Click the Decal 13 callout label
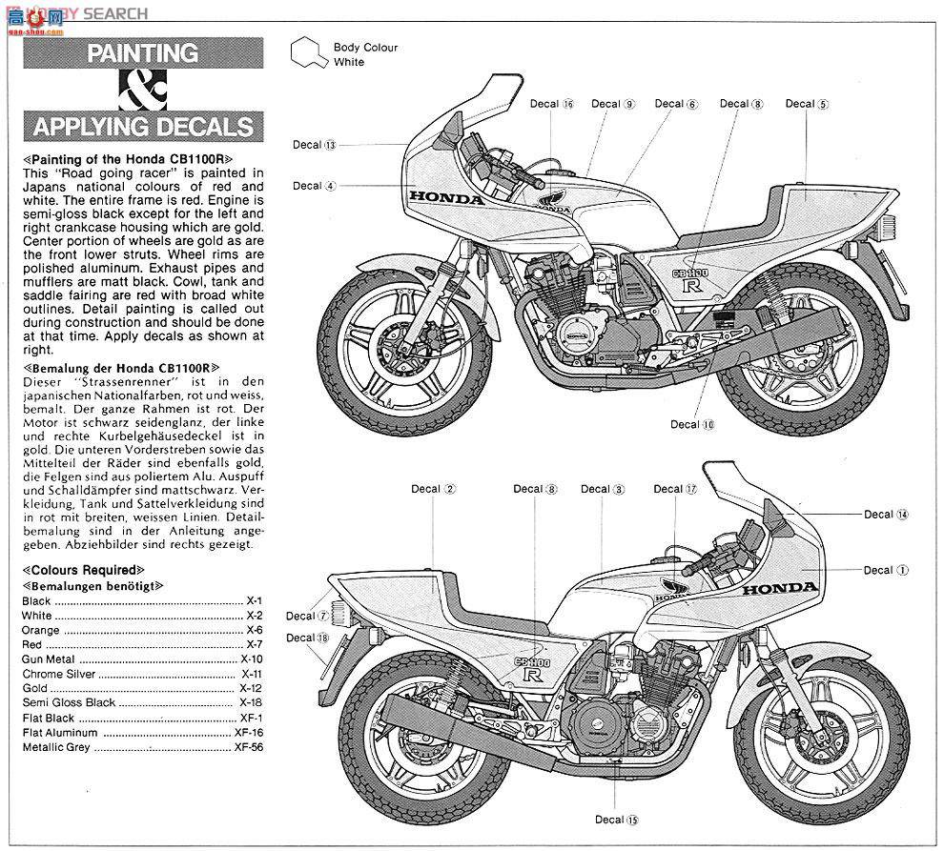click(x=315, y=145)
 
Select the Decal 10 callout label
click(x=691, y=424)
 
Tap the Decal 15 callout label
click(x=616, y=819)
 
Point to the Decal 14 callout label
click(x=886, y=514)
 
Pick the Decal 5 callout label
click(x=807, y=104)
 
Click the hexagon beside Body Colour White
click(x=308, y=54)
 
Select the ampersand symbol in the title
click(x=142, y=91)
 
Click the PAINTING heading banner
click(x=142, y=52)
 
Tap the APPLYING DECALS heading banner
click(x=142, y=127)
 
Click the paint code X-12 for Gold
click(x=250, y=688)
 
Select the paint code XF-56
click(x=248, y=746)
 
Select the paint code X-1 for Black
click(x=253, y=601)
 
